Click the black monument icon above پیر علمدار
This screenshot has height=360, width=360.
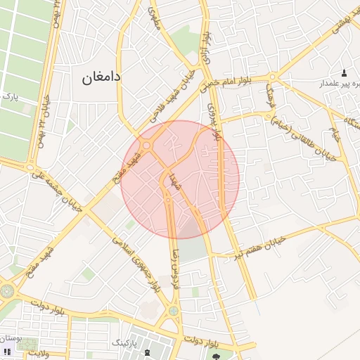point(344,73)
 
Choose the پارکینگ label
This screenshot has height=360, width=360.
point(126,342)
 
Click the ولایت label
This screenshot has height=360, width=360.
point(34,352)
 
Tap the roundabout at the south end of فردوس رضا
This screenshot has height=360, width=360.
point(173,310)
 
